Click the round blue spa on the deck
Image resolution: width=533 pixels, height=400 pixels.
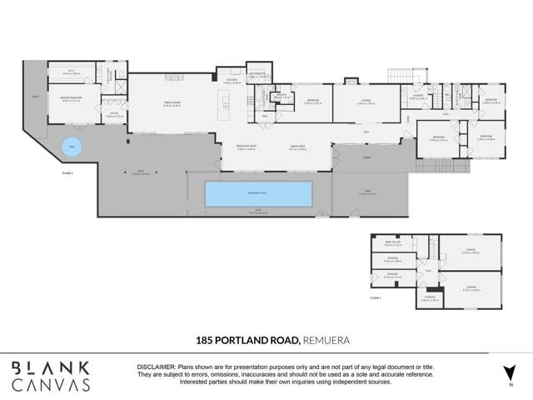pyautogui.click(x=72, y=148)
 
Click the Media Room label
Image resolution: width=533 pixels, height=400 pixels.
pyautogui.click(x=172, y=104)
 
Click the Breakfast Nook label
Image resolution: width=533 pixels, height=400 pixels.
pyautogui.click(x=247, y=148)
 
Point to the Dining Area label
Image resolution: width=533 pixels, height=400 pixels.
pyautogui.click(x=297, y=148)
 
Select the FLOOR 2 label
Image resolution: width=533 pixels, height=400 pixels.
pyautogui.click(x=68, y=172)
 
